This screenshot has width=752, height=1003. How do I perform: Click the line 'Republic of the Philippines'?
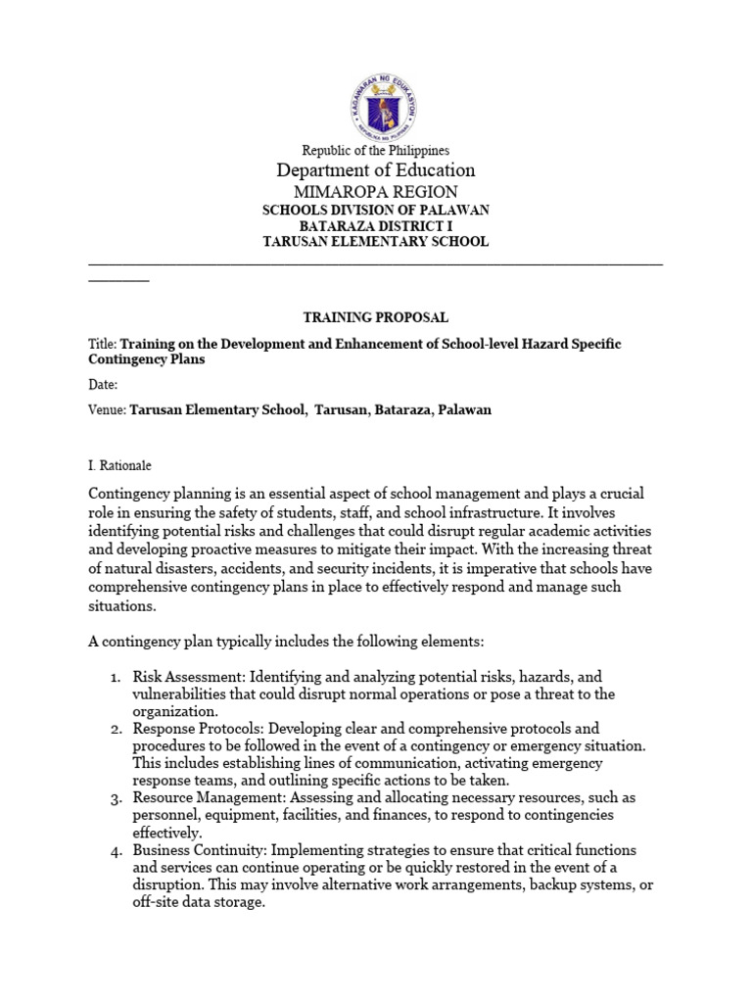tap(376, 151)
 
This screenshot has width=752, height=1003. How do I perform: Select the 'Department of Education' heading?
tap(376, 171)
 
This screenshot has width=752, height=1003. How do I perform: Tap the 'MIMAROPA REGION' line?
tap(376, 193)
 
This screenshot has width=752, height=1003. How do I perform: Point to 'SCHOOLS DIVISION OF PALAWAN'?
tap(376, 211)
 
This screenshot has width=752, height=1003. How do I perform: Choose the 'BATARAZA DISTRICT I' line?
tap(376, 226)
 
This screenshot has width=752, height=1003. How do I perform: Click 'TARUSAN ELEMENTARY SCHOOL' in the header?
tap(376, 242)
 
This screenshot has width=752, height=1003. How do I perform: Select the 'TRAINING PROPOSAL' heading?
tap(376, 317)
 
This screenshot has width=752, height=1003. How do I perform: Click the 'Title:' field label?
tap(102, 345)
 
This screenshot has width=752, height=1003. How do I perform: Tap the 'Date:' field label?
tap(103, 385)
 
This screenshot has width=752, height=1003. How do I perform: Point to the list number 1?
tap(115, 677)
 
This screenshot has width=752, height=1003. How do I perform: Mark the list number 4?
tap(115, 850)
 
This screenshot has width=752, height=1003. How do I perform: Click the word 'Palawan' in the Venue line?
tap(462, 410)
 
